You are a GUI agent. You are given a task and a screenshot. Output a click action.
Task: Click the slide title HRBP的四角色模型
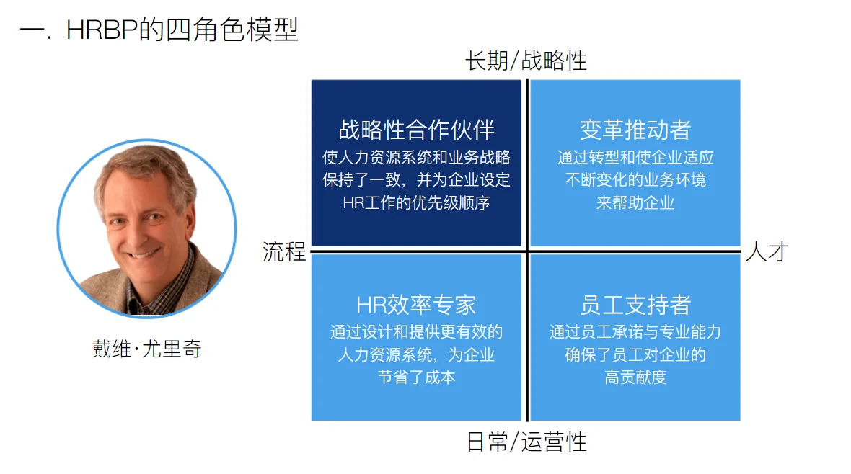pyautogui.click(x=159, y=30)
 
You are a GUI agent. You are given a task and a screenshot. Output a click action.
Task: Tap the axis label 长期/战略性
pyautogui.click(x=526, y=61)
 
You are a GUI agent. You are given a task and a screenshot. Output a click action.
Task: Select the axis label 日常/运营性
pyautogui.click(x=526, y=441)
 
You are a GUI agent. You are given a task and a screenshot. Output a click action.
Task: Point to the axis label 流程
pyautogui.click(x=283, y=251)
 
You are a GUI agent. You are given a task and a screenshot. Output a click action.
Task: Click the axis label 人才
pyautogui.click(x=767, y=251)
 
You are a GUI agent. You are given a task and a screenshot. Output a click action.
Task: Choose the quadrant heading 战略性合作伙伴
pyautogui.click(x=416, y=130)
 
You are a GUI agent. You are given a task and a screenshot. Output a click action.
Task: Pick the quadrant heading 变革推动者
pyautogui.click(x=635, y=130)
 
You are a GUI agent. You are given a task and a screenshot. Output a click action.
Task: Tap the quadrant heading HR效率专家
pyautogui.click(x=416, y=304)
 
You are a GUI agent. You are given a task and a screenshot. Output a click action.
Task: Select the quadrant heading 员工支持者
pyautogui.click(x=635, y=304)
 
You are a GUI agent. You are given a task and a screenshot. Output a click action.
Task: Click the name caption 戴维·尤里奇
pyautogui.click(x=146, y=349)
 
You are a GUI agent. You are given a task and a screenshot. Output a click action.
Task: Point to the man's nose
pyautogui.click(x=145, y=225)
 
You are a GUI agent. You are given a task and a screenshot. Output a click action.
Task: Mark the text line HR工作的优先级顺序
pyautogui.click(x=416, y=203)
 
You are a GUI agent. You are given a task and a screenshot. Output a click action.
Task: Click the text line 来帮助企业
pyautogui.click(x=635, y=203)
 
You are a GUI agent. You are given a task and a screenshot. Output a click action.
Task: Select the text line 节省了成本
pyautogui.click(x=416, y=377)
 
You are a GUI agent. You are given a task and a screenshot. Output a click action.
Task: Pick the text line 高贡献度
pyautogui.click(x=635, y=377)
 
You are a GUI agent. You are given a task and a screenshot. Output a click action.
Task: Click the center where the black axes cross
pyautogui.click(x=526, y=251)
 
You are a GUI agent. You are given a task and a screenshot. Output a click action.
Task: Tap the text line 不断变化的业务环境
pyautogui.click(x=635, y=180)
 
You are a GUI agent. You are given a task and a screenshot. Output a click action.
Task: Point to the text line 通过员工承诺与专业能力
pyautogui.click(x=635, y=332)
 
